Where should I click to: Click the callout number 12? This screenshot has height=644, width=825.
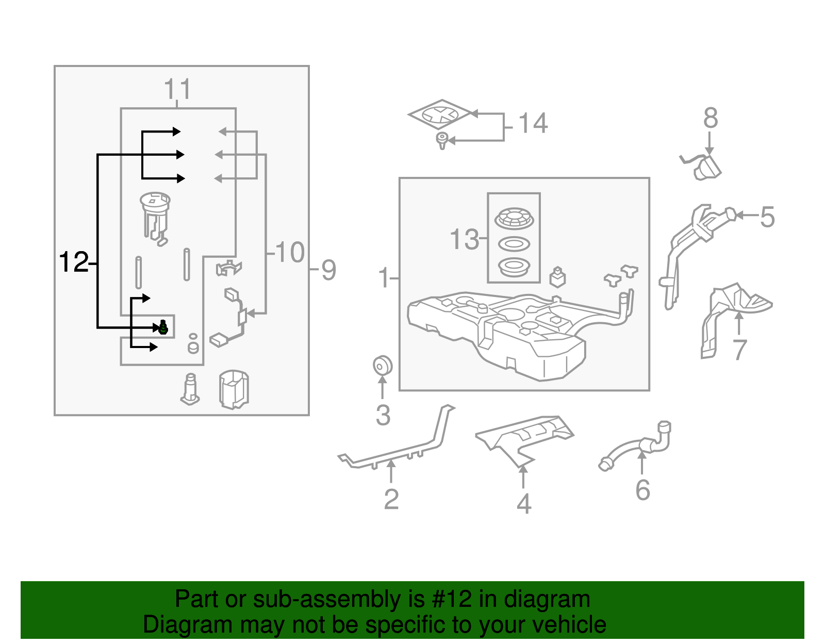(x=74, y=262)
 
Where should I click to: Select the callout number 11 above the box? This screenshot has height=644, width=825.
(x=177, y=89)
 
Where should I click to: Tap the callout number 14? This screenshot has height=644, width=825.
(x=533, y=124)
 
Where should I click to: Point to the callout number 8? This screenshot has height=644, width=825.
(x=710, y=119)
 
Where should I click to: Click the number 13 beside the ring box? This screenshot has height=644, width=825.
(x=464, y=240)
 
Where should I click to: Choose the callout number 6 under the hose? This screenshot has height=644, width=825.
(x=642, y=490)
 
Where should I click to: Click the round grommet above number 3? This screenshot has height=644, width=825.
(x=382, y=366)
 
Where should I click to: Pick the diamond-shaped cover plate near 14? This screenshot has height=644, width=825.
(x=440, y=114)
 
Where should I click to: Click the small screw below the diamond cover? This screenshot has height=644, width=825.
(x=442, y=140)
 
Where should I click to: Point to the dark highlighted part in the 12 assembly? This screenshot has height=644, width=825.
(x=163, y=327)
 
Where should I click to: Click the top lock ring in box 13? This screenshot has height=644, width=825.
(x=514, y=219)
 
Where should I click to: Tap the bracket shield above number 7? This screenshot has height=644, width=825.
(x=732, y=315)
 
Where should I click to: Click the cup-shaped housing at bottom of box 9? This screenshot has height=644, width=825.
(x=234, y=389)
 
